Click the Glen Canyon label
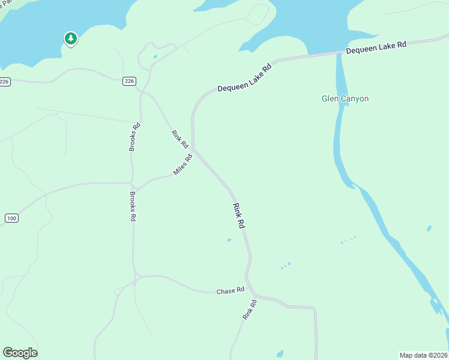coord(345,99)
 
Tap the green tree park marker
coord(71,39)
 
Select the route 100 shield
coord(11,218)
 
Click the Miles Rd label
coord(182,164)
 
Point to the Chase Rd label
coord(231,290)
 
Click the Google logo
coord(20,353)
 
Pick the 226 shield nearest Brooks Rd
coord(129,82)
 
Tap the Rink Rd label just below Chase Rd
coord(250,309)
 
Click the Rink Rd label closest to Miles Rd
coord(179,139)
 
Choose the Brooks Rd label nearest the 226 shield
coord(135,137)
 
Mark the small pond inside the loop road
coord(155,57)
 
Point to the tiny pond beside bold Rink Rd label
coord(229,240)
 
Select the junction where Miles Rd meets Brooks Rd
coord(133,184)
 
